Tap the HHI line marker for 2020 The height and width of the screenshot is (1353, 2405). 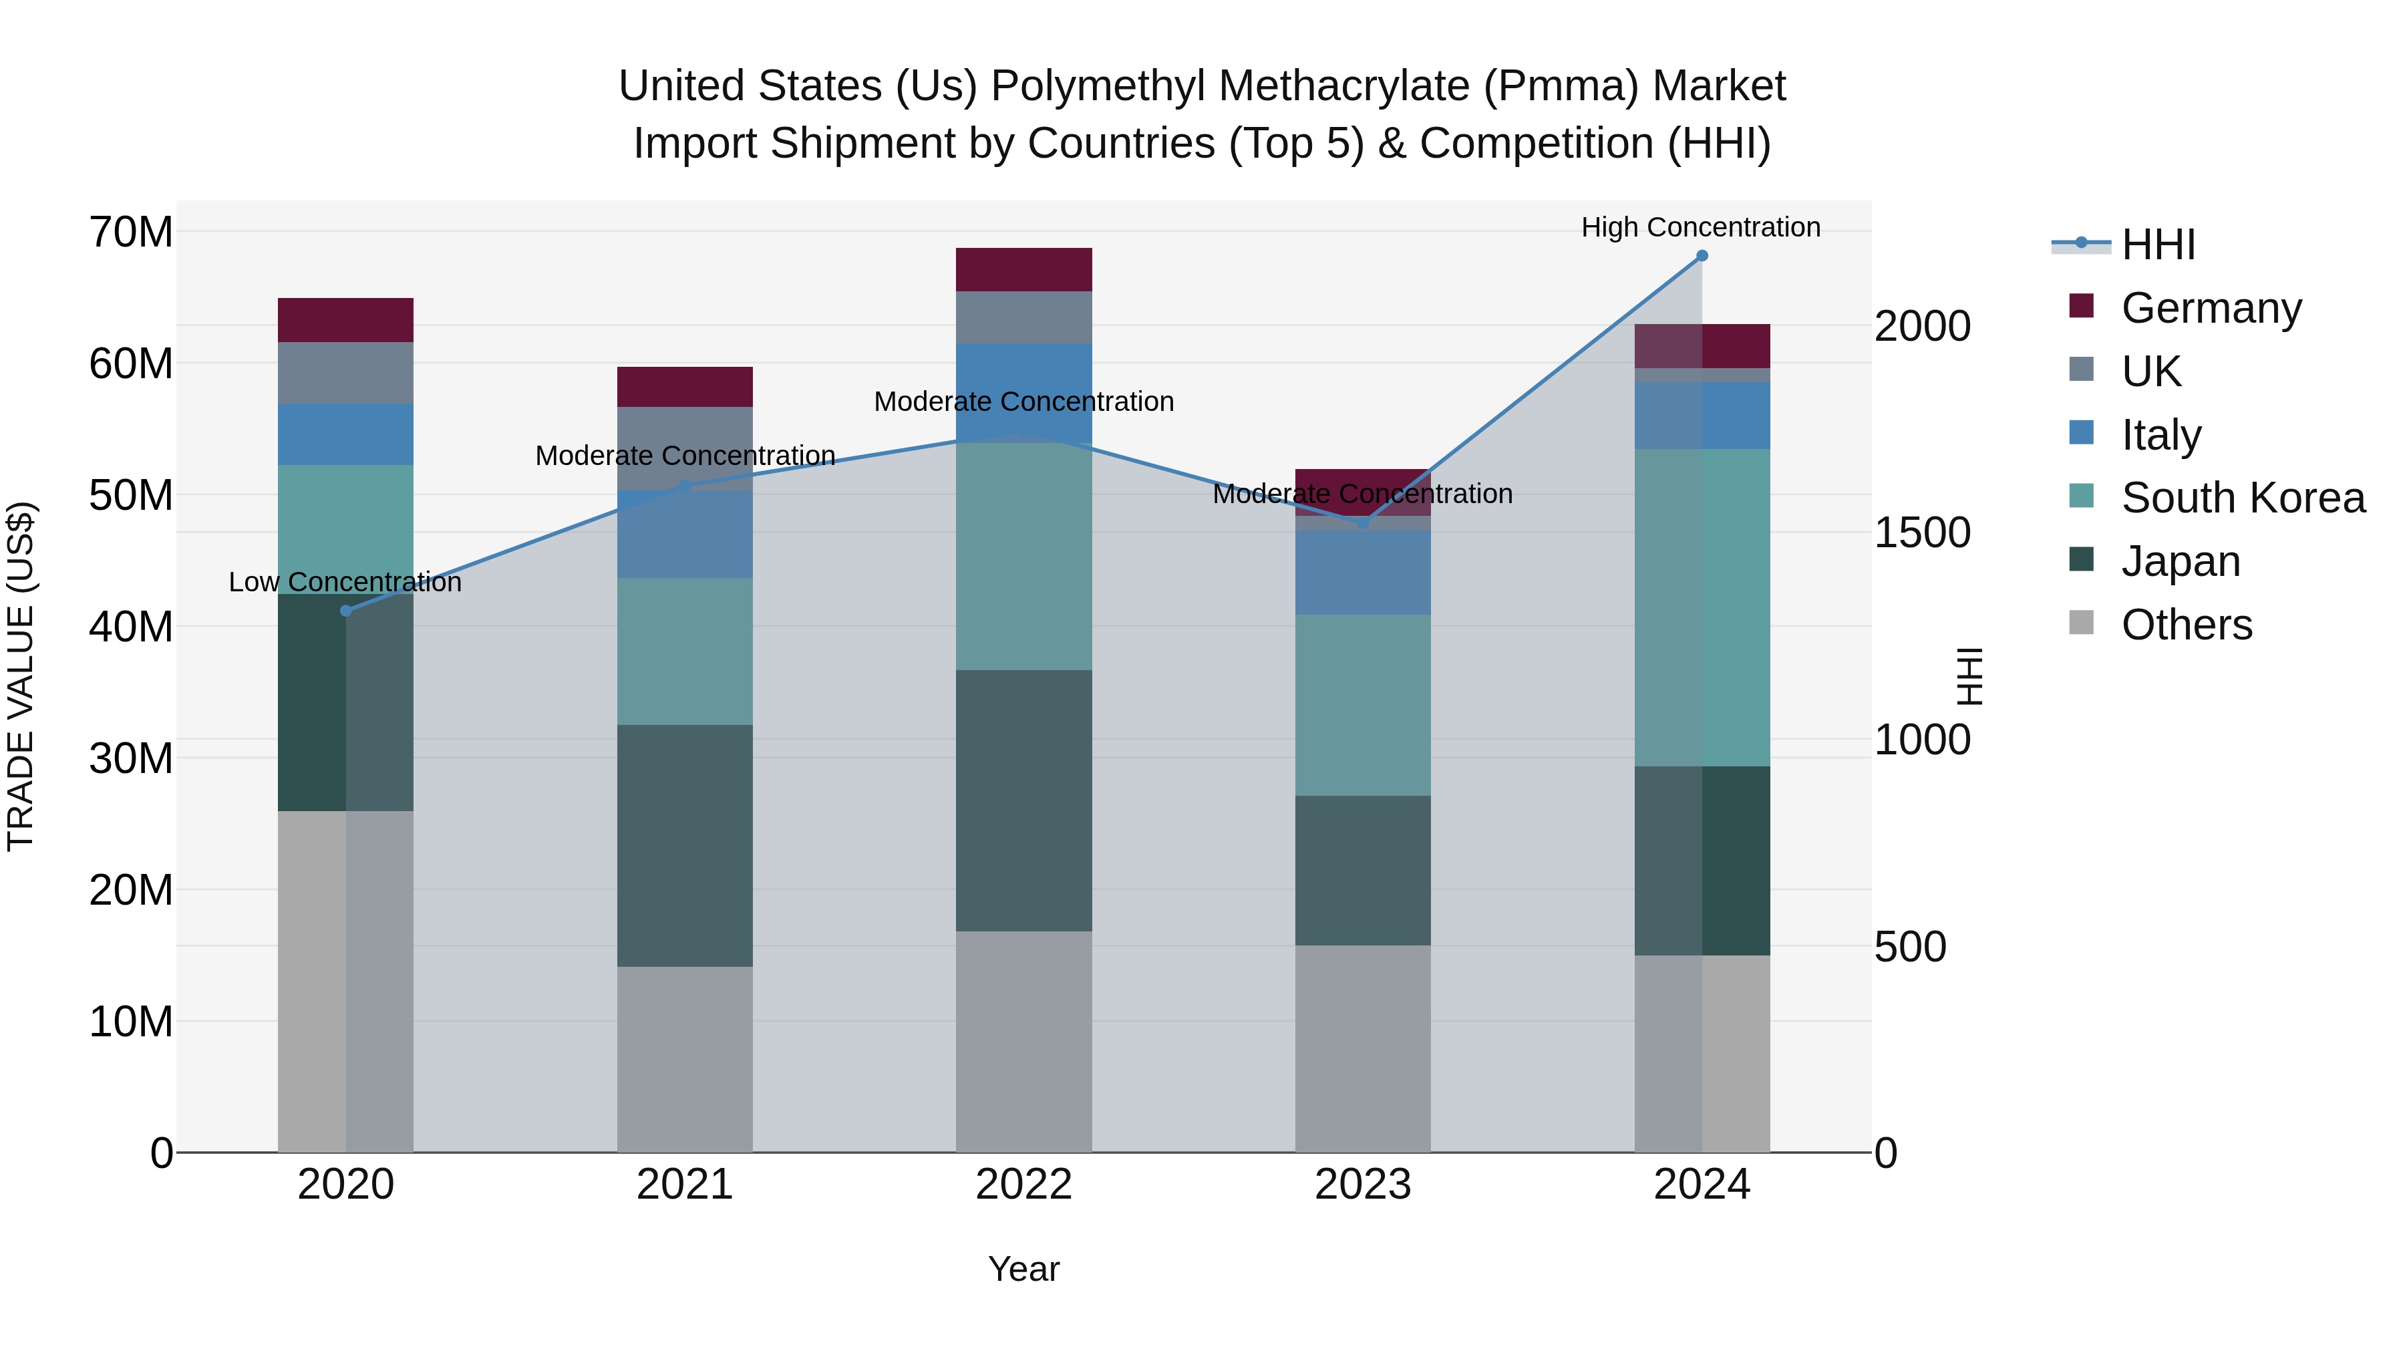coord(345,611)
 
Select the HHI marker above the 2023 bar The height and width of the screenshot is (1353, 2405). coord(1362,523)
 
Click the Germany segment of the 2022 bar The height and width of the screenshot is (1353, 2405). coord(1023,270)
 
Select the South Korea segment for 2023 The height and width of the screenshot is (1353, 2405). coord(1362,705)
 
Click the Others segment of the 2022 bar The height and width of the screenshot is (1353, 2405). coord(1023,1041)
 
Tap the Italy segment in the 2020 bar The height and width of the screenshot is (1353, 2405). coord(345,434)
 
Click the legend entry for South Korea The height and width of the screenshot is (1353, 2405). coord(2243,498)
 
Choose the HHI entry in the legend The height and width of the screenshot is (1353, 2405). coord(2158,245)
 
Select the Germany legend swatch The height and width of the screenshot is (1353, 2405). coord(2081,306)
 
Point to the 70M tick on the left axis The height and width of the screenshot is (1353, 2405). coord(131,232)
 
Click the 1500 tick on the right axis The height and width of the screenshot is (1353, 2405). coord(1921,533)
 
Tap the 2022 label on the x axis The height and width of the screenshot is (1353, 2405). coord(1023,1185)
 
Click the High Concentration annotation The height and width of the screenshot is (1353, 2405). coord(1700,227)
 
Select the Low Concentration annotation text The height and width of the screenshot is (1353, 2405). coord(345,582)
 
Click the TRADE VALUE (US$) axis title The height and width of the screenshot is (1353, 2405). coord(21,676)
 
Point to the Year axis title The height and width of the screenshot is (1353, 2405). coord(1023,1269)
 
